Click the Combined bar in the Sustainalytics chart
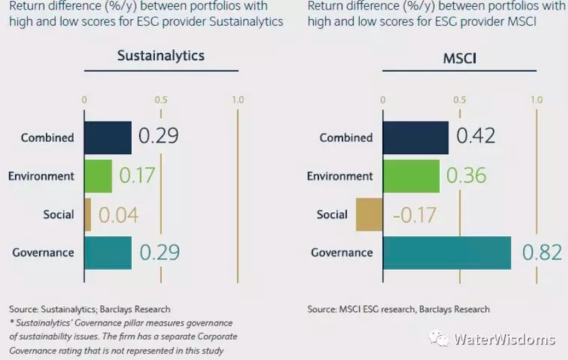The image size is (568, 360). click(108, 137)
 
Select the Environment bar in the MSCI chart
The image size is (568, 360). click(411, 176)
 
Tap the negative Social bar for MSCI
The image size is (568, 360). click(369, 215)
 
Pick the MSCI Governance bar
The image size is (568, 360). click(447, 253)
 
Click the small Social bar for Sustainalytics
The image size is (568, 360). click(87, 215)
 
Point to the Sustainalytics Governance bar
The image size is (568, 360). click(108, 253)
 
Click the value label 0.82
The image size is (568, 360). click(542, 253)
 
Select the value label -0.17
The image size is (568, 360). click(415, 215)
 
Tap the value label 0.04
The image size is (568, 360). click(119, 215)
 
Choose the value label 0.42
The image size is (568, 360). click(475, 136)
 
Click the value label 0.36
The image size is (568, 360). click(467, 175)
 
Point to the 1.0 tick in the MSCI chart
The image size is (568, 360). click(537, 99)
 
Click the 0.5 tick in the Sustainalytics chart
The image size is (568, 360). click(161, 99)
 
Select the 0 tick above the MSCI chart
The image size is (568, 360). click(383, 100)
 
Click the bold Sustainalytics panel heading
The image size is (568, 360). click(161, 55)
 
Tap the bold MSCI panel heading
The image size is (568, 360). click(460, 58)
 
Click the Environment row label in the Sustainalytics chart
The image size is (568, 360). click(41, 176)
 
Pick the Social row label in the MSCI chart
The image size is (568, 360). click(332, 215)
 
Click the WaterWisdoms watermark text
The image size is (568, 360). click(504, 339)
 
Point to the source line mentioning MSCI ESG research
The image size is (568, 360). click(399, 309)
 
